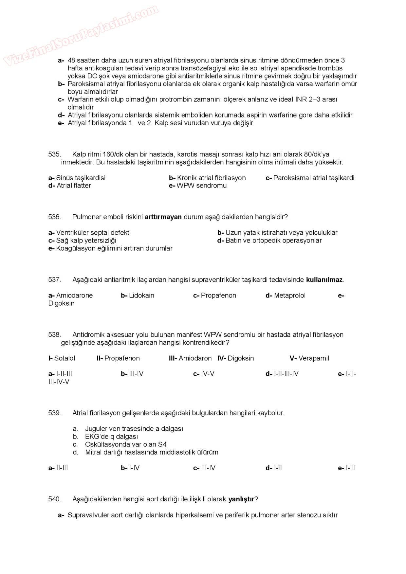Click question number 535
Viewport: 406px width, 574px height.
click(54, 154)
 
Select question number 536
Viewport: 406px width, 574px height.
click(54, 217)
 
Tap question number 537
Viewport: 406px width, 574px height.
click(54, 280)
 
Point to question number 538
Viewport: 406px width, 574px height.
click(54, 335)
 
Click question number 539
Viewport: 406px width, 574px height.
click(54, 413)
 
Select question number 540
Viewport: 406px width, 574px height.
click(54, 499)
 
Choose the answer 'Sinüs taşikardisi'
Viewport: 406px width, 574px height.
click(81, 178)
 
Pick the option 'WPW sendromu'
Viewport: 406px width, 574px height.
click(201, 186)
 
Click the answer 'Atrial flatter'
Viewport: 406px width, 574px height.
click(74, 186)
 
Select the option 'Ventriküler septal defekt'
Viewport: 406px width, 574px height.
click(93, 233)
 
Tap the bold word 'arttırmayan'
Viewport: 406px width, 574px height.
click(163, 217)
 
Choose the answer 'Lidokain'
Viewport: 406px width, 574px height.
click(141, 296)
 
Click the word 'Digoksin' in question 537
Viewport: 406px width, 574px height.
click(61, 303)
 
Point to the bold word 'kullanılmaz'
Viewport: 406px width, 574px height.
click(324, 280)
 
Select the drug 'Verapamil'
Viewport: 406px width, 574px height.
click(313, 358)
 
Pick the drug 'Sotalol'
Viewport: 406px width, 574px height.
click(65, 358)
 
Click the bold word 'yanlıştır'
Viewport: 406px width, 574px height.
click(241, 499)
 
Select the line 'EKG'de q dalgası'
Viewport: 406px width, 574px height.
click(111, 437)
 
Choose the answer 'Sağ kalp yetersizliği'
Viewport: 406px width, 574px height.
click(86, 241)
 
